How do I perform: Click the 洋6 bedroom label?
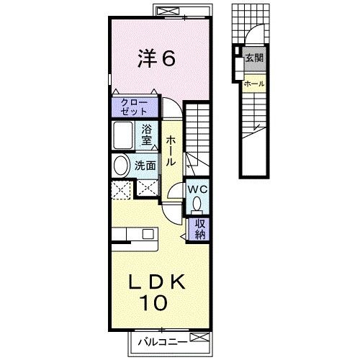click(156, 58)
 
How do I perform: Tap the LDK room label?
click(157, 282)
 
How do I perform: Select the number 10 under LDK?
click(153, 302)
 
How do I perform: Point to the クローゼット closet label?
click(134, 107)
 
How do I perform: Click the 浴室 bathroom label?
click(146, 135)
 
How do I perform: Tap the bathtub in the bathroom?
click(123, 135)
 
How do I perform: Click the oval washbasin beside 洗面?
click(120, 166)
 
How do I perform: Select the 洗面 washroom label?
click(145, 166)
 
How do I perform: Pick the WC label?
click(197, 190)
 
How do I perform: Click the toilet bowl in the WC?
click(197, 204)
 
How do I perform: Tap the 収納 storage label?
click(200, 229)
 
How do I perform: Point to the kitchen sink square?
click(148, 234)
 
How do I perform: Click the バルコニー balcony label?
click(163, 342)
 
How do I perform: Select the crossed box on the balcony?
click(199, 337)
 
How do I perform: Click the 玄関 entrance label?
click(254, 58)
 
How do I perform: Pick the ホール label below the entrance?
click(254, 84)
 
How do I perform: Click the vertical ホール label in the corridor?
click(171, 151)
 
